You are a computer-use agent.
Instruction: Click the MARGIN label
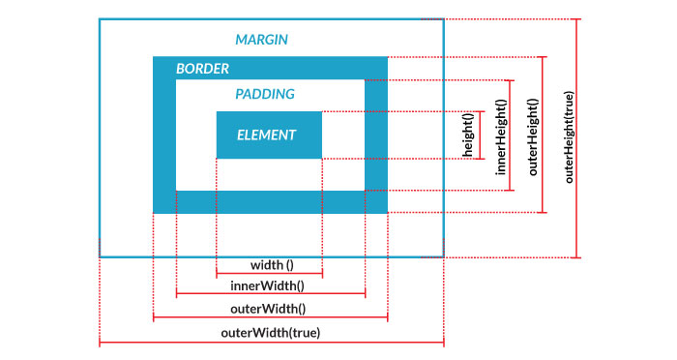pyautogui.click(x=262, y=40)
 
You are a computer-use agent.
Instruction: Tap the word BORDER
pyautogui.click(x=202, y=70)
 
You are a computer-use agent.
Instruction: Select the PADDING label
pyautogui.click(x=265, y=94)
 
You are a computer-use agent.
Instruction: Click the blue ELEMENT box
pyautogui.click(x=268, y=135)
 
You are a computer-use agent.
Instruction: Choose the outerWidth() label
pyautogui.click(x=270, y=309)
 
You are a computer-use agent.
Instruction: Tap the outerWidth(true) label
pyautogui.click(x=271, y=332)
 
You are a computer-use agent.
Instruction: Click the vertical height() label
pyautogui.click(x=468, y=135)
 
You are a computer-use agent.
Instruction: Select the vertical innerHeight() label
pyautogui.click(x=500, y=135)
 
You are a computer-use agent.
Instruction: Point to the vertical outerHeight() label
pyautogui.click(x=533, y=135)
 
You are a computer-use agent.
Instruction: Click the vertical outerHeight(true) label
pyautogui.click(x=568, y=136)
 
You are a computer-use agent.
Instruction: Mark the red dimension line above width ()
pyautogui.click(x=268, y=275)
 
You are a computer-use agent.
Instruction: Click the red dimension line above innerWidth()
pyautogui.click(x=270, y=296)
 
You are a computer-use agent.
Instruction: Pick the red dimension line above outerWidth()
pyautogui.click(x=270, y=318)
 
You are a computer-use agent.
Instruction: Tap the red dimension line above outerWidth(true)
pyautogui.click(x=271, y=343)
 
